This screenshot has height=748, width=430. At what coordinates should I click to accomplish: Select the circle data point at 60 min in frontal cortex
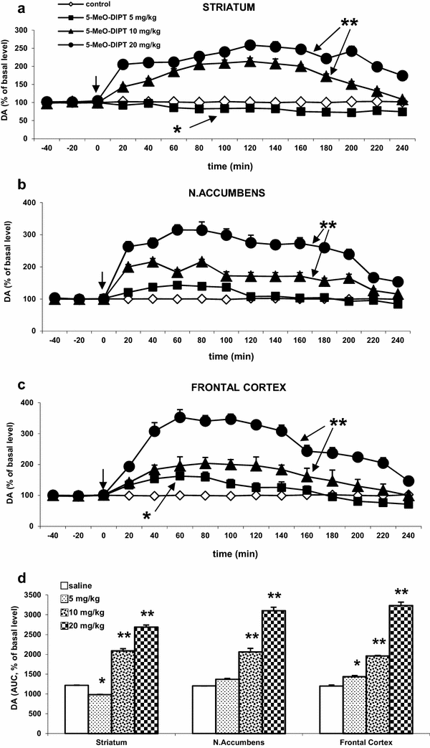pyautogui.click(x=181, y=417)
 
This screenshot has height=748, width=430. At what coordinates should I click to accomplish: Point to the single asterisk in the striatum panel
pyautogui.click(x=177, y=128)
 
